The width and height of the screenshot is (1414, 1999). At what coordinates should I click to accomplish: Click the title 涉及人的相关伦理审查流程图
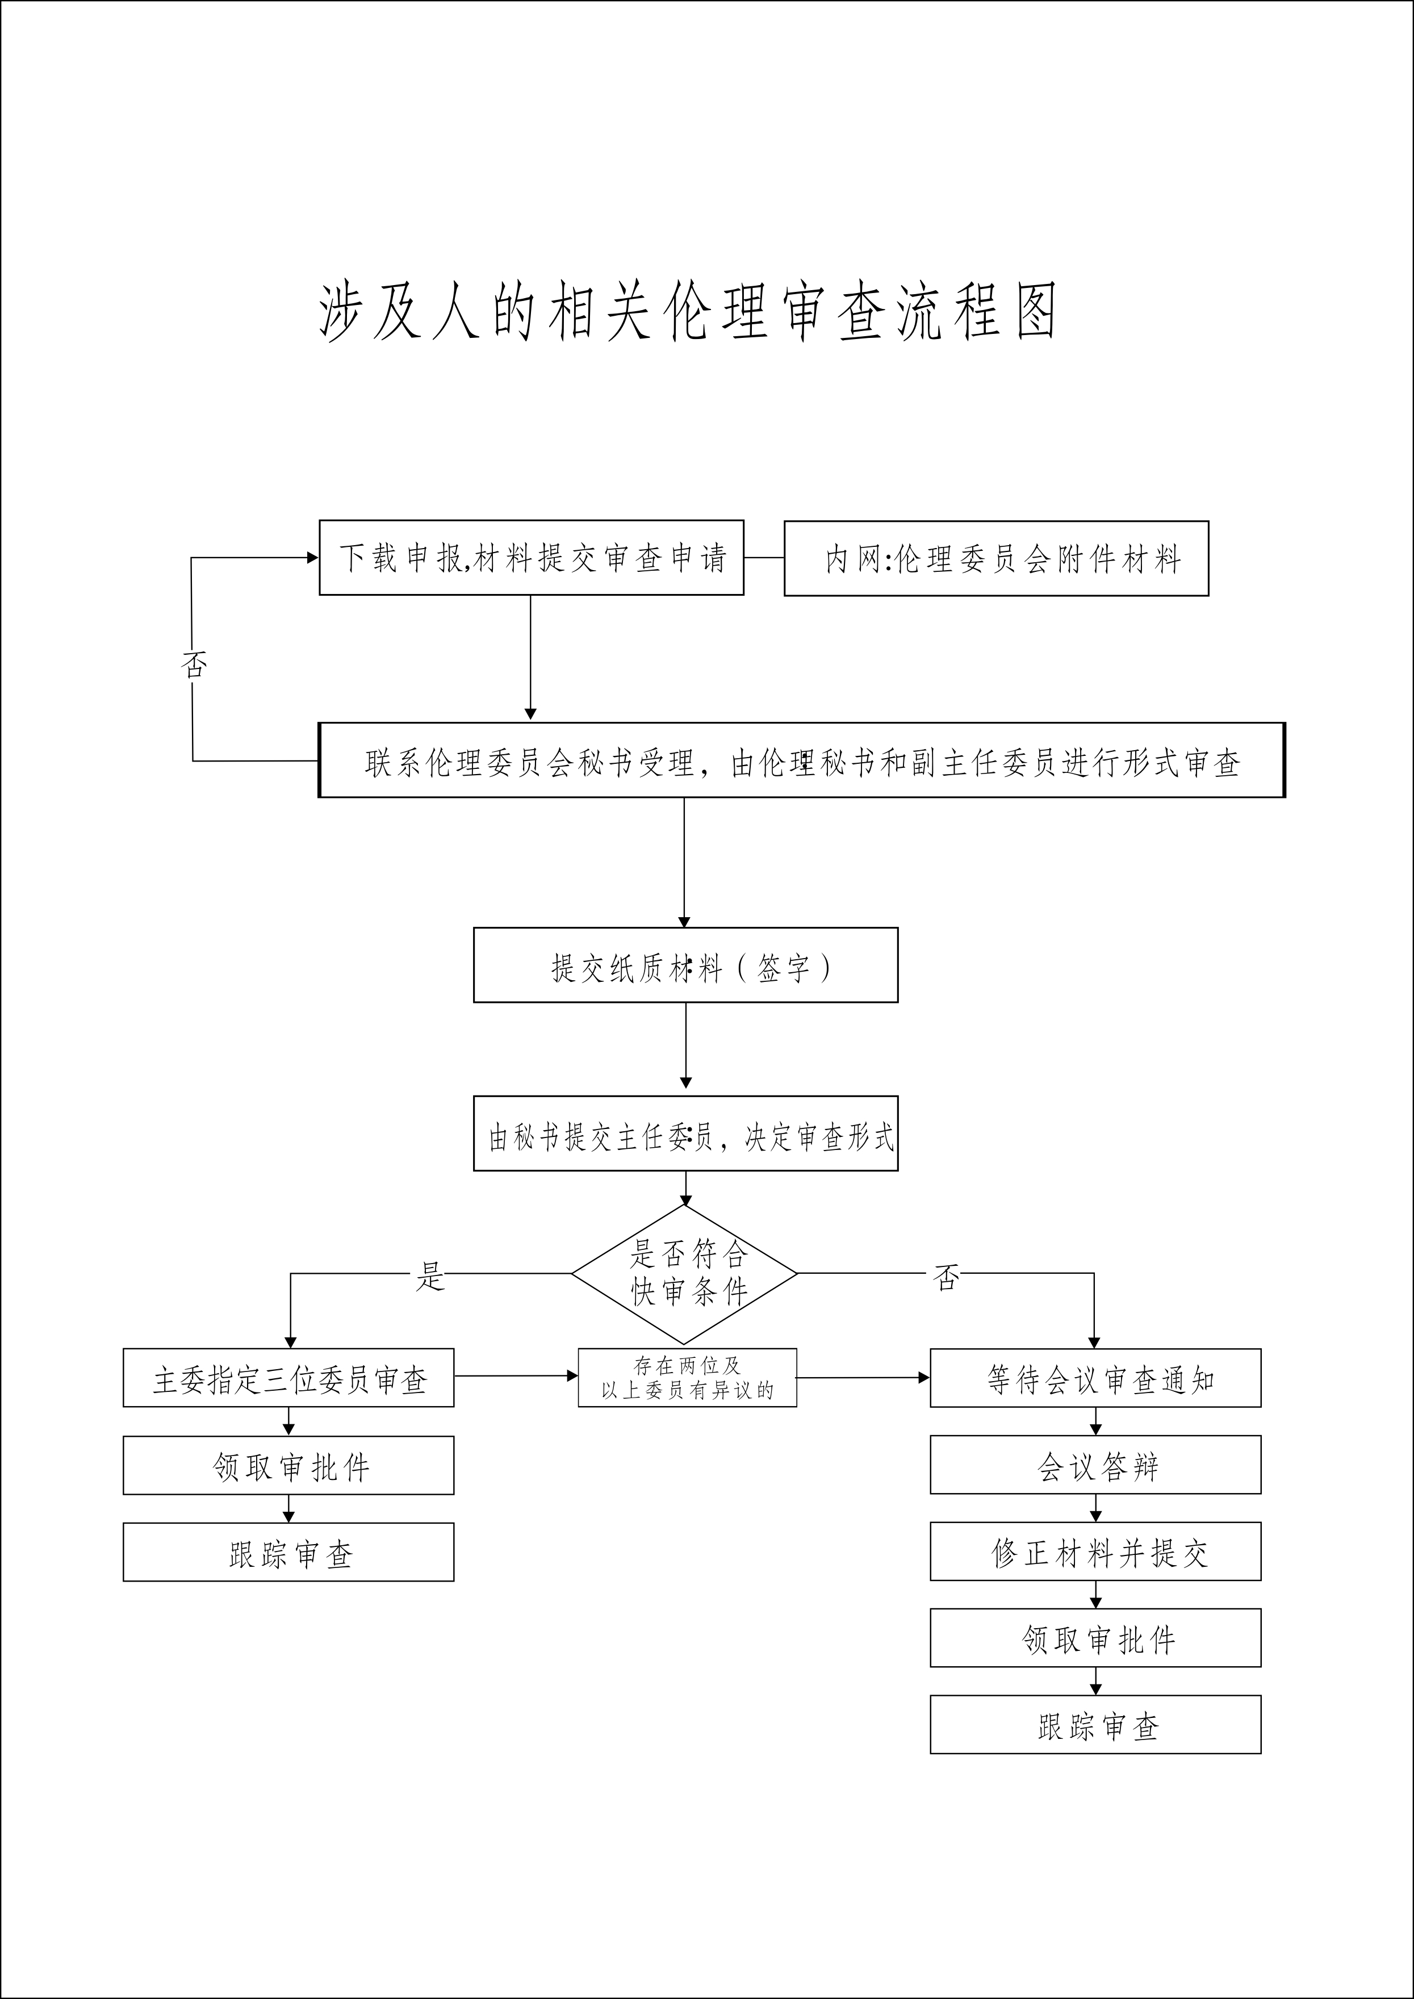pos(688,311)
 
